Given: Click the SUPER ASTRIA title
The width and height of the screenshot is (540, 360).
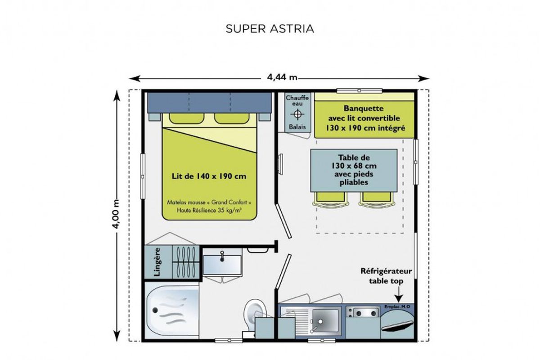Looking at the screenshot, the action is tap(270, 29).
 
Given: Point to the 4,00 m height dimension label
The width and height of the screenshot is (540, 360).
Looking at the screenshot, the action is tap(116, 214).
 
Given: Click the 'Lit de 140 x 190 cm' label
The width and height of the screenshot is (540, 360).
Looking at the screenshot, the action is tap(209, 176).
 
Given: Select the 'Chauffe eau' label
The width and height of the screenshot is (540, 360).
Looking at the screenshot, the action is tap(297, 100).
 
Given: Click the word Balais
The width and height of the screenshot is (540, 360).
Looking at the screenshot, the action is tap(297, 127).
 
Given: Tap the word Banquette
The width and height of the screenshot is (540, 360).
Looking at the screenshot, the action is tap(364, 108).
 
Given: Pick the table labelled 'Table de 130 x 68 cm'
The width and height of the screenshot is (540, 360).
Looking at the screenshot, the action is tap(354, 171).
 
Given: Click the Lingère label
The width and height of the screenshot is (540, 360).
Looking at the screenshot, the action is tap(157, 262).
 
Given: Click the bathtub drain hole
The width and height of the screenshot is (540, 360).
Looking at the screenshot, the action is tap(155, 310).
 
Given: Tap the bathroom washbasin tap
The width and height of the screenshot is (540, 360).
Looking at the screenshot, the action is tap(222, 256).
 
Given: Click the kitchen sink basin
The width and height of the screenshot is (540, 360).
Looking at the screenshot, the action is tap(325, 320).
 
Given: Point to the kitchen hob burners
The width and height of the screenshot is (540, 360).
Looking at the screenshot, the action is tap(366, 313).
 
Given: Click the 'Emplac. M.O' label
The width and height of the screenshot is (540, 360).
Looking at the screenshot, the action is tap(397, 307).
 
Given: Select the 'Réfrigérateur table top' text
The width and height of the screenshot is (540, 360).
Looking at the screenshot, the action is tap(386, 276).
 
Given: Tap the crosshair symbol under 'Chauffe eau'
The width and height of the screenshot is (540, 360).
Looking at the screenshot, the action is tap(297, 114).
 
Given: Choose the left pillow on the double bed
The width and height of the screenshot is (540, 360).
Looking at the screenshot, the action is tap(187, 118).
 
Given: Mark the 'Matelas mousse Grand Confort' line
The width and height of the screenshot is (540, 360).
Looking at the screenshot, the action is tap(209, 202).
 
